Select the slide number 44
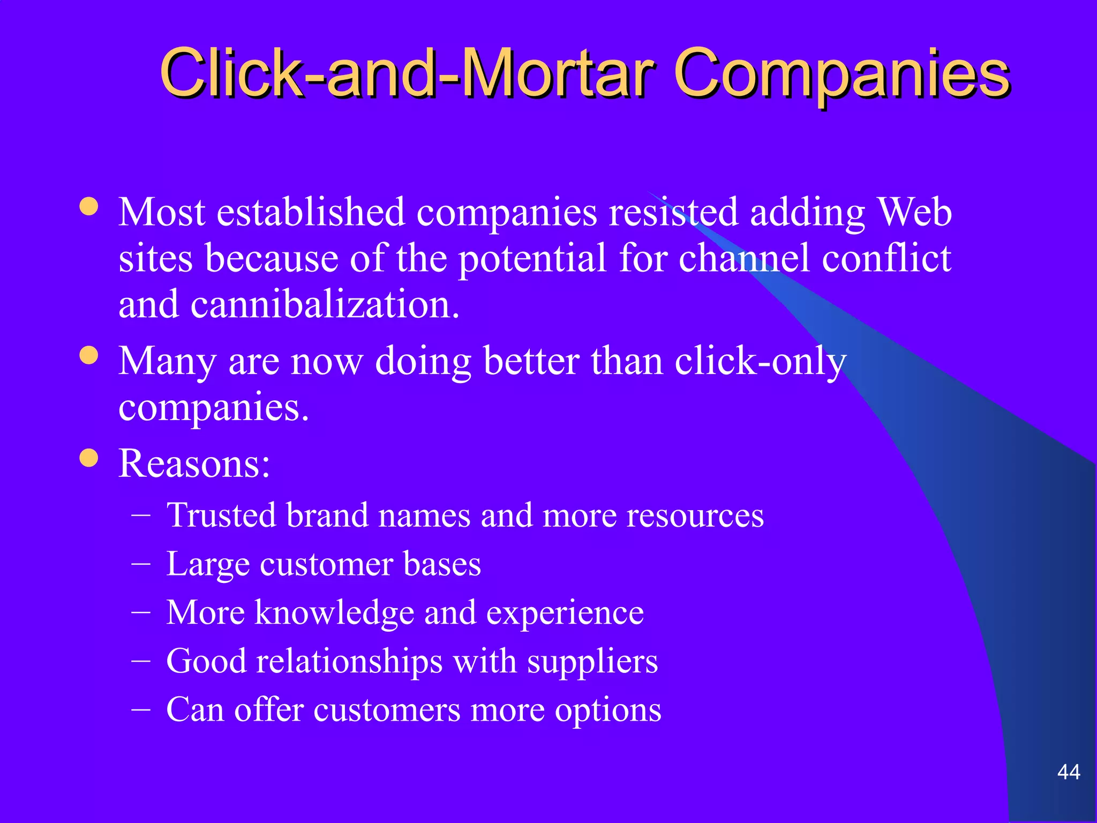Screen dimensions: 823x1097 point(1068,772)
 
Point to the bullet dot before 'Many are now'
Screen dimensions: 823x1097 point(89,355)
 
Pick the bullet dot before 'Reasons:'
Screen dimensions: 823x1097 point(89,458)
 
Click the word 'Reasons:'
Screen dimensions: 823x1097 point(194,464)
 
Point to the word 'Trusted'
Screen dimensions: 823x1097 point(221,515)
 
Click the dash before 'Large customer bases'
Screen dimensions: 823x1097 point(141,564)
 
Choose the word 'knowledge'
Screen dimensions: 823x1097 point(334,613)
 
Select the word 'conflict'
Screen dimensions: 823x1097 point(886,258)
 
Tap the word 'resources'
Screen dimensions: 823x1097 point(695,515)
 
